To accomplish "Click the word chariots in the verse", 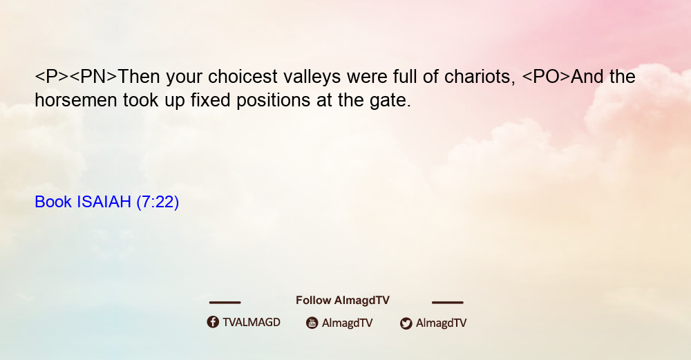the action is point(480,77).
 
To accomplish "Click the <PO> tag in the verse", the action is point(546,77).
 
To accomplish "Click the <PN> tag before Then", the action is point(93,77).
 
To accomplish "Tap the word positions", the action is point(274,101).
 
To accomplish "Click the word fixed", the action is point(211,100).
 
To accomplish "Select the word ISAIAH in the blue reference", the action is point(104,202).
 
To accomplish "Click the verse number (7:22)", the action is point(158,202).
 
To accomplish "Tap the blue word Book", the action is point(53,202).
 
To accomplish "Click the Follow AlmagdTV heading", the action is point(343,301).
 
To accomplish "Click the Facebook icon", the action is point(213,322).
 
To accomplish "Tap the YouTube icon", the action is point(312,323).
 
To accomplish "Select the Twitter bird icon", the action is point(406,323).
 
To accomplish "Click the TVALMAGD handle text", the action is point(252,323).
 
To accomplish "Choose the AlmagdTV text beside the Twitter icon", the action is point(441,323).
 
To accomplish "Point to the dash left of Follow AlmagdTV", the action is point(225,302).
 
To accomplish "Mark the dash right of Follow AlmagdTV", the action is point(447,302).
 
